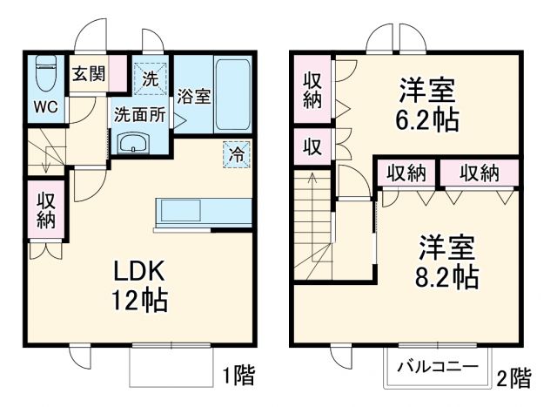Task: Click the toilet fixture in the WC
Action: [x=44, y=77]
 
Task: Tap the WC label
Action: [x=45, y=108]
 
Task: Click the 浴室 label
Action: [x=193, y=96]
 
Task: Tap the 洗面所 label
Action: [x=139, y=113]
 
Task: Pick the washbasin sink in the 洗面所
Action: [x=133, y=143]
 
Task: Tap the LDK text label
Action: [x=137, y=271]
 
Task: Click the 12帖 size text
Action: [x=138, y=301]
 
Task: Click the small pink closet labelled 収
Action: [x=312, y=146]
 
